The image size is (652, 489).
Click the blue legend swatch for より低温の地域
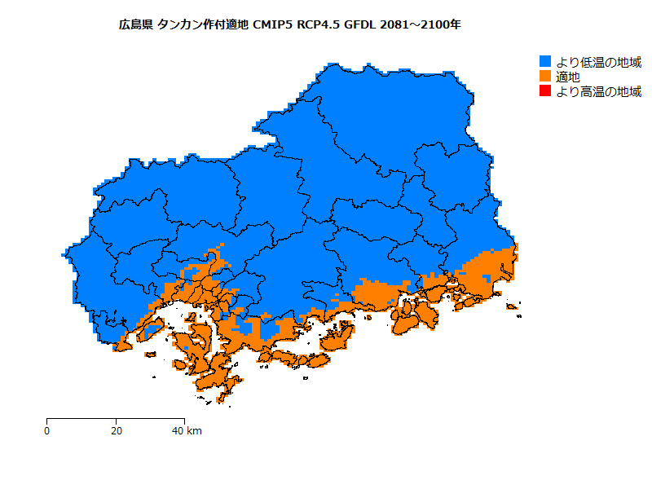click(546, 62)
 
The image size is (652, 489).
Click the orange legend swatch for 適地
click(546, 77)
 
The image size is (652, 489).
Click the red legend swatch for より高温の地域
click(546, 91)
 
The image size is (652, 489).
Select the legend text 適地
click(568, 77)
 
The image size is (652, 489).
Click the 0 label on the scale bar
click(46, 430)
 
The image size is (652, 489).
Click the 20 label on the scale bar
click(117, 430)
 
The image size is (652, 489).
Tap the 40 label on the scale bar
click(178, 430)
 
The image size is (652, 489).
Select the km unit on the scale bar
click(194, 430)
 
